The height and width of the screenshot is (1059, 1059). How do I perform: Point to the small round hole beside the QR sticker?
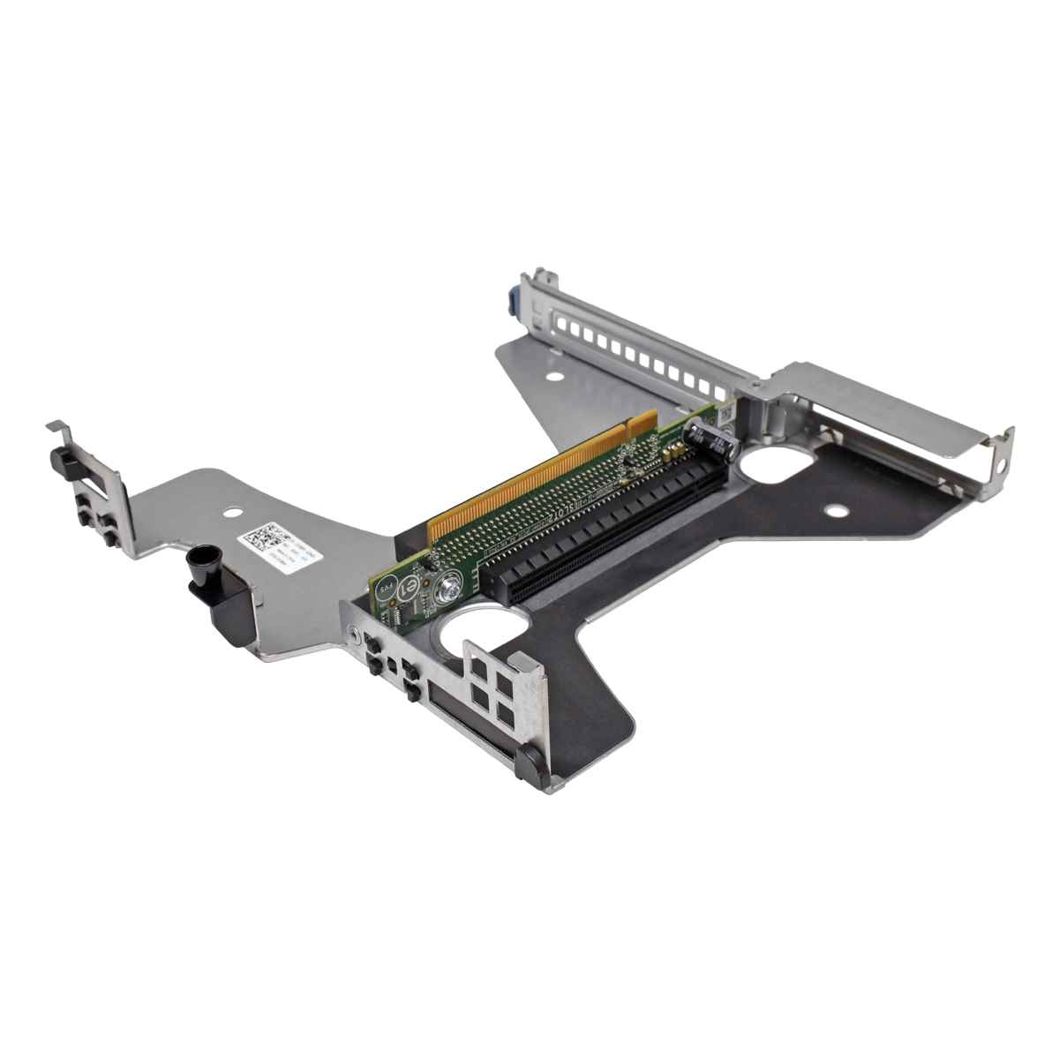pos(234,510)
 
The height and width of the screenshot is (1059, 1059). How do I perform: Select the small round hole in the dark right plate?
pos(833,509)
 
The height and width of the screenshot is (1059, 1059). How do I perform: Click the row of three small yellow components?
pos(672,452)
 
